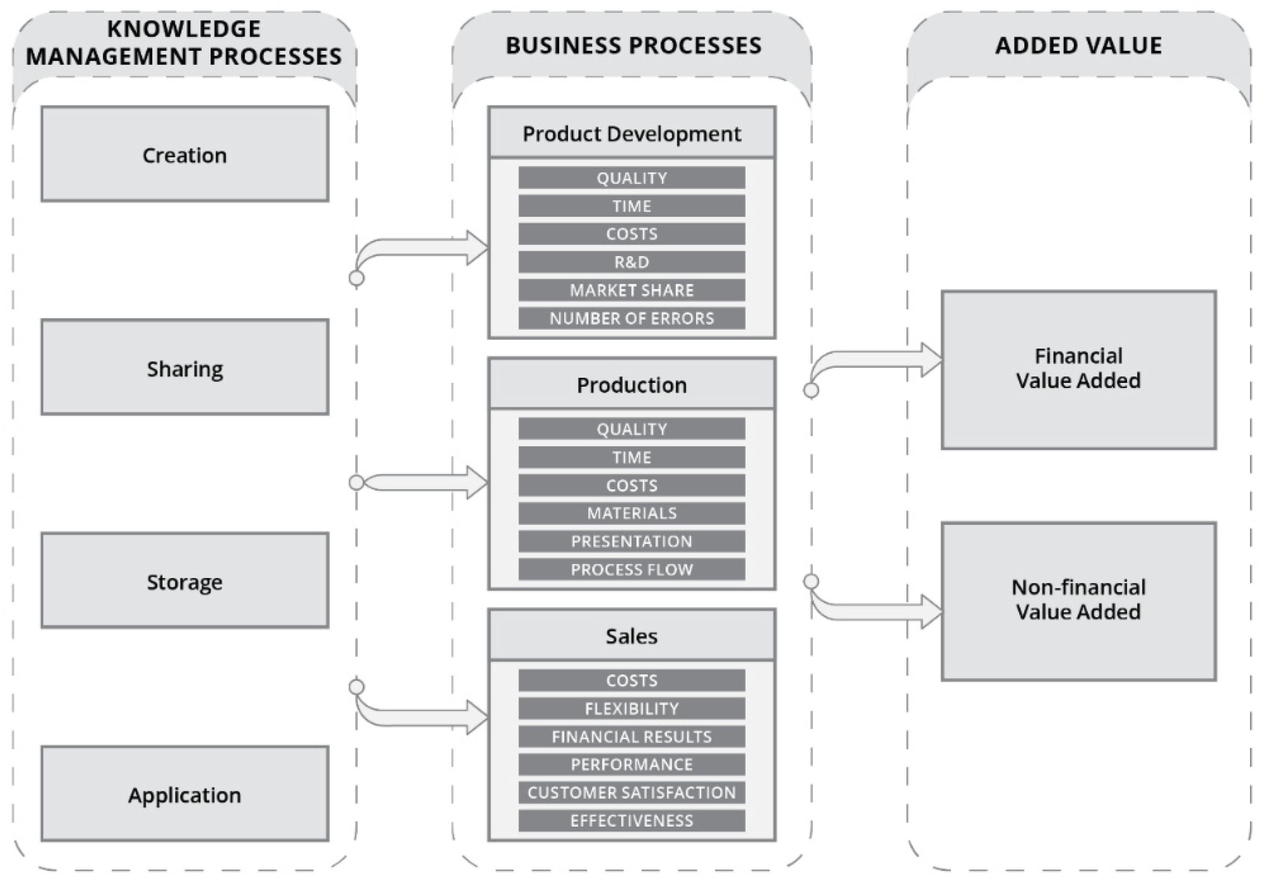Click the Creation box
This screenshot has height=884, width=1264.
click(x=185, y=154)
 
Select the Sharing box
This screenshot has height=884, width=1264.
click(x=185, y=367)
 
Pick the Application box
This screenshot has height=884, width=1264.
click(x=185, y=794)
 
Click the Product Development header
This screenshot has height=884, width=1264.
click(x=632, y=133)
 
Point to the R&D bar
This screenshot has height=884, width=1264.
click(x=632, y=262)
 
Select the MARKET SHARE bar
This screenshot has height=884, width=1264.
click(x=632, y=290)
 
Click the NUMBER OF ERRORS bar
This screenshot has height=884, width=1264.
click(x=632, y=318)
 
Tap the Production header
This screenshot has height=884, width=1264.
click(x=632, y=384)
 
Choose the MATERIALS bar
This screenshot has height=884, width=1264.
click(x=632, y=513)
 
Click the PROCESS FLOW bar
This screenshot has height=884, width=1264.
click(x=632, y=569)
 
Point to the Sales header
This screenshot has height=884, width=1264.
click(x=632, y=636)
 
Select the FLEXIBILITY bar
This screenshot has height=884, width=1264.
click(x=632, y=708)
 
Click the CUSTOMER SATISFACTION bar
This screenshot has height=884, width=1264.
click(x=632, y=792)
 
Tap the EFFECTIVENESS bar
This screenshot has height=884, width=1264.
click(x=632, y=820)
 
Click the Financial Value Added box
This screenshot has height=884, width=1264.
click(x=1078, y=369)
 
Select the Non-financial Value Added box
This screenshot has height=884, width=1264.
click(x=1078, y=601)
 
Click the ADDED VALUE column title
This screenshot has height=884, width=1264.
click(x=1078, y=45)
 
